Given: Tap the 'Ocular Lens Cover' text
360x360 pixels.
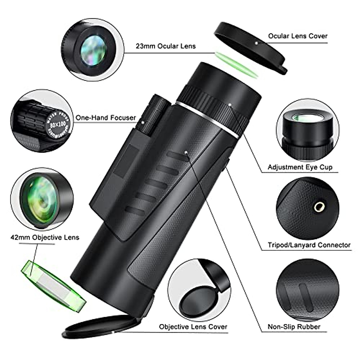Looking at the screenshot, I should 298,36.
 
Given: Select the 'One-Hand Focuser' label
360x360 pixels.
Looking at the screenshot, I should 106,118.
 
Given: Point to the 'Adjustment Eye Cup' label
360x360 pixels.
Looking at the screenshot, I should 300,167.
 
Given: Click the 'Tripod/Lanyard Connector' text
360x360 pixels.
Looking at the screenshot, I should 309,245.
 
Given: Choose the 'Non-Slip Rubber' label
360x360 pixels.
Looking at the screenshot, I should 294,327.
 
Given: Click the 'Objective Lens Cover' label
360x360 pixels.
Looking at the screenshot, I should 193,327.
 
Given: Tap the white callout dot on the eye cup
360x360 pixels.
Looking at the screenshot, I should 229,105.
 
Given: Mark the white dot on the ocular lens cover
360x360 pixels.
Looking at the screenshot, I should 256,43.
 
